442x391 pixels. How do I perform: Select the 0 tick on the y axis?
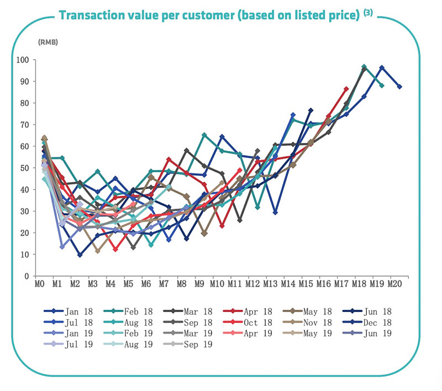click(x=25, y=276)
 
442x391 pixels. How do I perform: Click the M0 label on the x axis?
click(x=39, y=285)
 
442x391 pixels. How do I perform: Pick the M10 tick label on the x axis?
click(x=216, y=285)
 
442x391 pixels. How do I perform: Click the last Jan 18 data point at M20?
click(x=399, y=87)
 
